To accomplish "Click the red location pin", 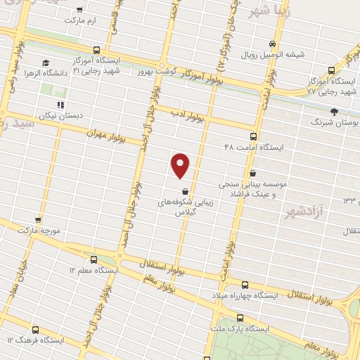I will click(x=181, y=165).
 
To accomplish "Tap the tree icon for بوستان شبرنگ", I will click(x=334, y=111).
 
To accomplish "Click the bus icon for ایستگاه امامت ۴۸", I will click(x=253, y=137).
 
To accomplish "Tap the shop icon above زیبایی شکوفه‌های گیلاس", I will click(x=184, y=191).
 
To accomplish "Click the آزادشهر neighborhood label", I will click(x=304, y=210).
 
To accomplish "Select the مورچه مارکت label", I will click(x=37, y=230).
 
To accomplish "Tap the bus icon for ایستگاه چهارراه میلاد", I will click(x=245, y=285).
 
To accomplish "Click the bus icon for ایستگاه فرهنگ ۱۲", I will click(x=37, y=329).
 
